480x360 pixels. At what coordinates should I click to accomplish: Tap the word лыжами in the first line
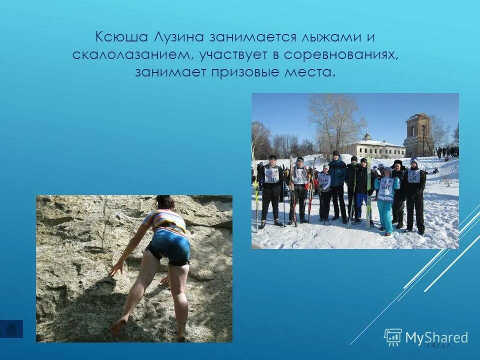coord(329,38)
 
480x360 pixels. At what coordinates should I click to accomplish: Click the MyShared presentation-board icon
coord(392,337)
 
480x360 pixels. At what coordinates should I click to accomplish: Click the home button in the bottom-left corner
coord(11,329)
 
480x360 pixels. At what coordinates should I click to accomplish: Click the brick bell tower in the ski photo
coord(418,134)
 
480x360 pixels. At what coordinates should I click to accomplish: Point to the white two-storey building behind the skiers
coord(377,148)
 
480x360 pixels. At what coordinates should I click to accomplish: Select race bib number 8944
coord(272,176)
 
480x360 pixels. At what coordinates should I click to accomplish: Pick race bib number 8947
coord(385,189)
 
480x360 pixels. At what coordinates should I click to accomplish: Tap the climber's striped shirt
coord(165,220)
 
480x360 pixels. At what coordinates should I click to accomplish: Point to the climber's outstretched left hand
coord(116,268)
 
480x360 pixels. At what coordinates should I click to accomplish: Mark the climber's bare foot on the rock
coord(118,326)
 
